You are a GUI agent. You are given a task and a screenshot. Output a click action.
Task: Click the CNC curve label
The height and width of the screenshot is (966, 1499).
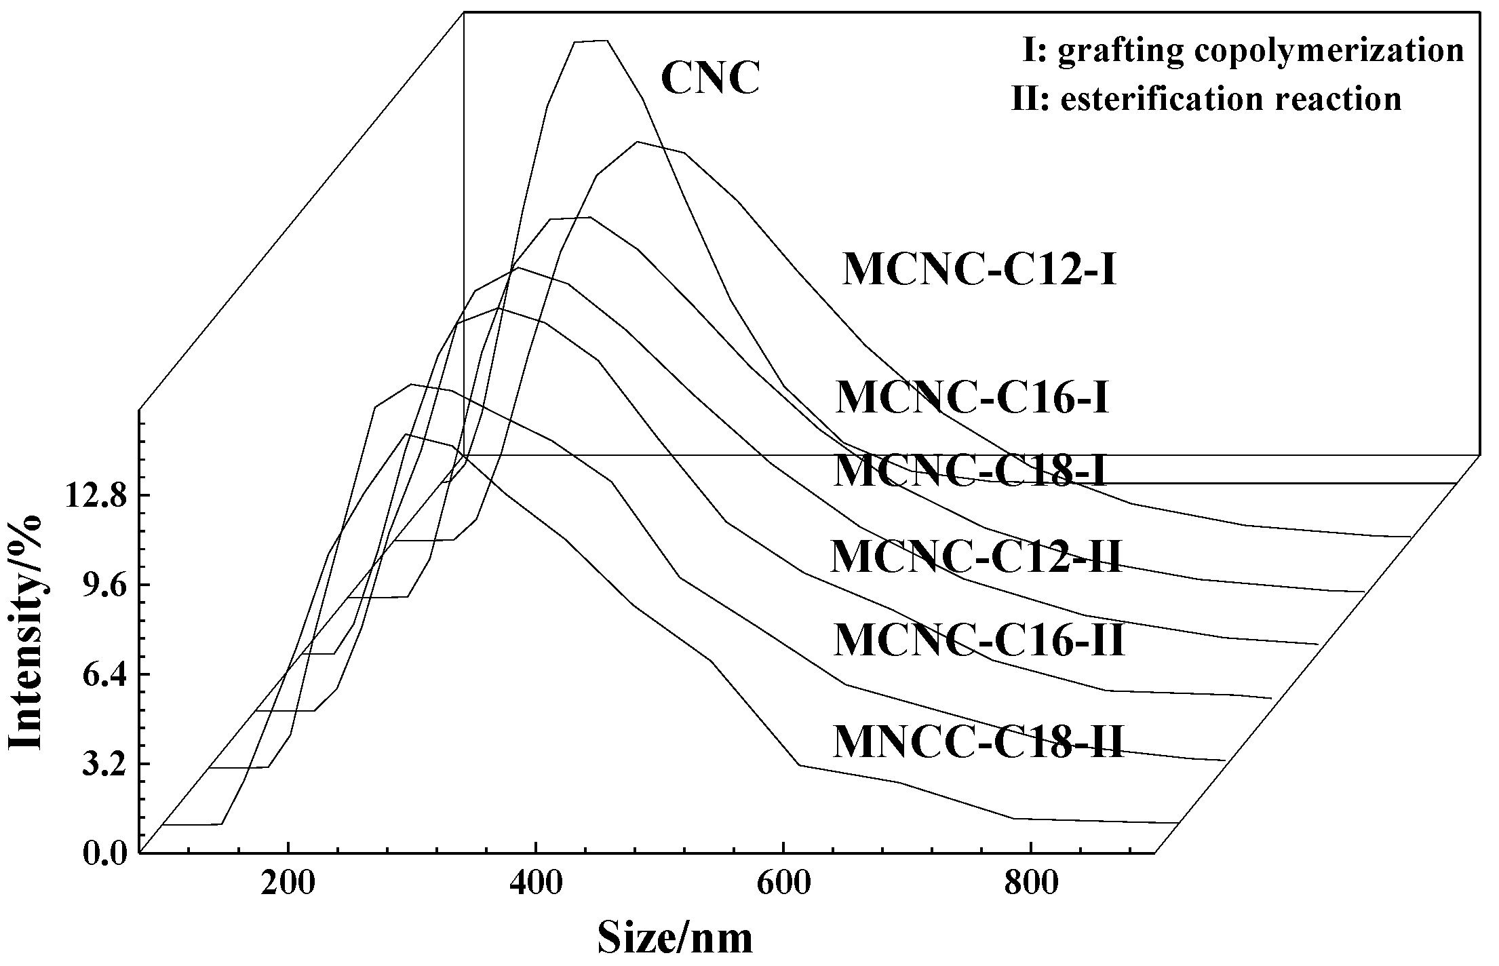coord(709,79)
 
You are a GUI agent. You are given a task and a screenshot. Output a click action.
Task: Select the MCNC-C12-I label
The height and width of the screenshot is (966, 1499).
coord(979,271)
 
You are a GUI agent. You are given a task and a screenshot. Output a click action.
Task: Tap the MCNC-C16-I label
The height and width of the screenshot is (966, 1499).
coord(972,398)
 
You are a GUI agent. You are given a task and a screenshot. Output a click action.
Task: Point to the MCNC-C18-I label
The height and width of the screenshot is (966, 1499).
coord(970,471)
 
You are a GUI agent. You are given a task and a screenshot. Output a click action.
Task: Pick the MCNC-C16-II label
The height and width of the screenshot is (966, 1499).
coord(979,640)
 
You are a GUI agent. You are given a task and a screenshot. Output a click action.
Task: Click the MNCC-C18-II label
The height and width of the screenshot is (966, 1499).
coord(979,742)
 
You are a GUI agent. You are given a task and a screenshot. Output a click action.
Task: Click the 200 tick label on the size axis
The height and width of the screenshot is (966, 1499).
coord(288,885)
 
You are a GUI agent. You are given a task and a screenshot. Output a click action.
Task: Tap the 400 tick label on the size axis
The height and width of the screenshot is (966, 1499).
coord(536,885)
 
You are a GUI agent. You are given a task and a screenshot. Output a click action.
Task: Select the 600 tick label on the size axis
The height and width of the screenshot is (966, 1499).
coord(783,885)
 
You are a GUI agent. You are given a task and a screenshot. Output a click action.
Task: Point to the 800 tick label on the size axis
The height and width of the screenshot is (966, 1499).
coord(1030,885)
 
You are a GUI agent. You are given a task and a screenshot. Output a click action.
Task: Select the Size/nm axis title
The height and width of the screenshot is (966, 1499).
coord(675,939)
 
